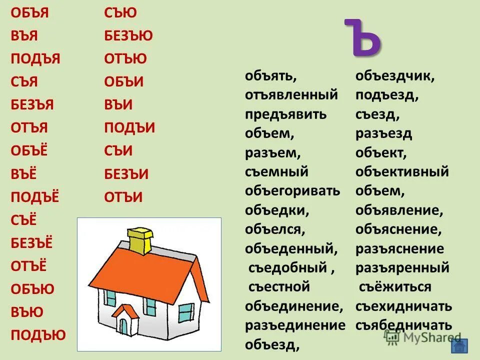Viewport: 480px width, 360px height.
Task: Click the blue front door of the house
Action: pyautogui.click(x=123, y=325)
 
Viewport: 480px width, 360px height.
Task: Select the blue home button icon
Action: pyautogui.click(x=458, y=344)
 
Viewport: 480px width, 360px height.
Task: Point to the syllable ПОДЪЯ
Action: pyautogui.click(x=35, y=59)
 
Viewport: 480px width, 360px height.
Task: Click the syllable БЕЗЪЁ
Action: pyautogui.click(x=32, y=243)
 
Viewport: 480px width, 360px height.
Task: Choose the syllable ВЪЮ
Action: pyautogui.click(x=27, y=312)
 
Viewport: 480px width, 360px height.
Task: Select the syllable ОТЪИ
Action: pyautogui.click(x=123, y=197)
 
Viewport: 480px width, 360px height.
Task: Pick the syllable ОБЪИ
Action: pyautogui.click(x=124, y=82)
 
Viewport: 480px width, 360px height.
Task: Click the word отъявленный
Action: pyautogui.click(x=291, y=94)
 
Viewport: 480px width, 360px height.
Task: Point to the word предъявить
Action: pyautogui.click(x=286, y=114)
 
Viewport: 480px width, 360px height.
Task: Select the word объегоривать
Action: pyautogui.click(x=292, y=190)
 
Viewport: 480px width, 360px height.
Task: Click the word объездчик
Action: pyautogui.click(x=395, y=76)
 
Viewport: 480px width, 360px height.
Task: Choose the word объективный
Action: pyautogui.click(x=402, y=172)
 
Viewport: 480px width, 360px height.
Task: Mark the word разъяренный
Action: pyautogui.click(x=402, y=268)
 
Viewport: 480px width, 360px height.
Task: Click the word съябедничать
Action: pyautogui.click(x=404, y=325)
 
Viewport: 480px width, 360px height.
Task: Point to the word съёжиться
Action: pyautogui.click(x=394, y=287)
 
